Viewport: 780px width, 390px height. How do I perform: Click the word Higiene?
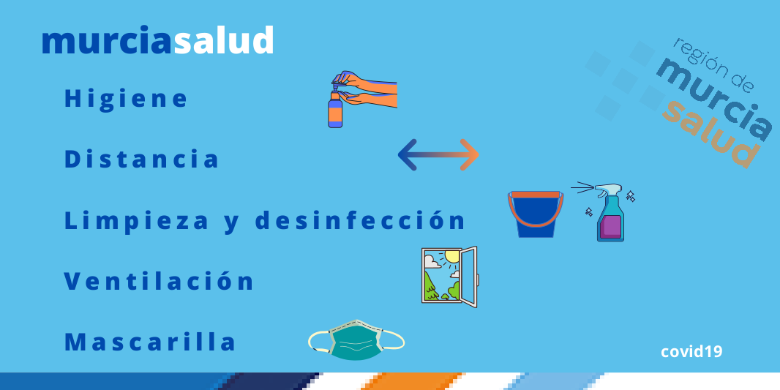126,99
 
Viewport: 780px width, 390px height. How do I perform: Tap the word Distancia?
142,160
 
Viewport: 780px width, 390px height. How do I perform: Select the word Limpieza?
136,221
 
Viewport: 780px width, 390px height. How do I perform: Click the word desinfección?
360,220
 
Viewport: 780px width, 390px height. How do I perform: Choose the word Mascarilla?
150,342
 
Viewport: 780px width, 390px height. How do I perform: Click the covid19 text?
691,352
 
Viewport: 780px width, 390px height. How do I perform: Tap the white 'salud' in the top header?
223,41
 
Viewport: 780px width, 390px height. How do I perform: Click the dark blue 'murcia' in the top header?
108,42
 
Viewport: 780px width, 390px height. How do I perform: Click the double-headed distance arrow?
438,155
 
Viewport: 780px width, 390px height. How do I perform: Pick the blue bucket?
536,214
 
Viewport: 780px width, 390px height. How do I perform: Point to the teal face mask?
356,340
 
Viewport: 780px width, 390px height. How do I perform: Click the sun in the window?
451,257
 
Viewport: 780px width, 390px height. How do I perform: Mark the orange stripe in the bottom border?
413,381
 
